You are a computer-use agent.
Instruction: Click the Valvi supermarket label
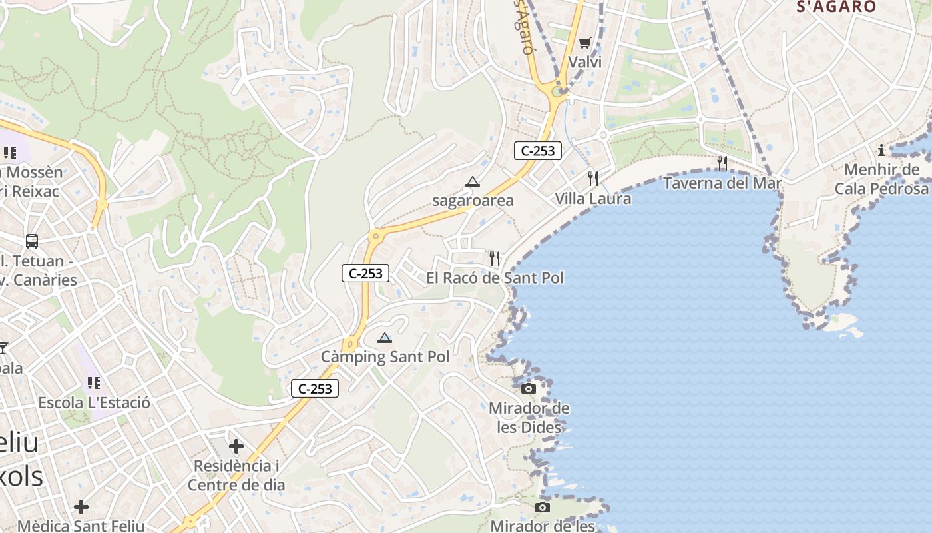[x=584, y=62]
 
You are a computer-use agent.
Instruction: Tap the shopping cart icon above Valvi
[x=584, y=43]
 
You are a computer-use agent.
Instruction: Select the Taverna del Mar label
[x=722, y=182]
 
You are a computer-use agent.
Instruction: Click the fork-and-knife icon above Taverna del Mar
[x=722, y=163]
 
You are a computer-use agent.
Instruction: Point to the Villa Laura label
[x=593, y=198]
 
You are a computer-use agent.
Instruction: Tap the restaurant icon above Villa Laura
[x=593, y=179]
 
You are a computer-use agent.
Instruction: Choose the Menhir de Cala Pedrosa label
[x=881, y=179]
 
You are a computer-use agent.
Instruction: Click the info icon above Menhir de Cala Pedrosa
[x=881, y=150]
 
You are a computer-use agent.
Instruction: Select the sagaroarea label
[x=473, y=200]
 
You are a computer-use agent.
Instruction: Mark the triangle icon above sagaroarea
[x=473, y=181]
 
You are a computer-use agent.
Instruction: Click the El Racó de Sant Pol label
[x=495, y=278]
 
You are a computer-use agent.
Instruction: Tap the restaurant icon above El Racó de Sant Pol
[x=495, y=259]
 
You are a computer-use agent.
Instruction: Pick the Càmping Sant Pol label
[x=385, y=357]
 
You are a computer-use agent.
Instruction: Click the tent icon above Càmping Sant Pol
[x=385, y=338]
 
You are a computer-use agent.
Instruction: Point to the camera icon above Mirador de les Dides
[x=529, y=388]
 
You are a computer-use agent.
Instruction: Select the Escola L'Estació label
[x=94, y=402]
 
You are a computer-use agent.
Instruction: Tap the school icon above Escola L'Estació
[x=94, y=383]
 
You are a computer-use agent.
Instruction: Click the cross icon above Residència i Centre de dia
[x=236, y=446]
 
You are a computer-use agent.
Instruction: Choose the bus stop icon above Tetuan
[x=31, y=241]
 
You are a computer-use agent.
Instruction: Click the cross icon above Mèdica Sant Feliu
[x=81, y=507]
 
